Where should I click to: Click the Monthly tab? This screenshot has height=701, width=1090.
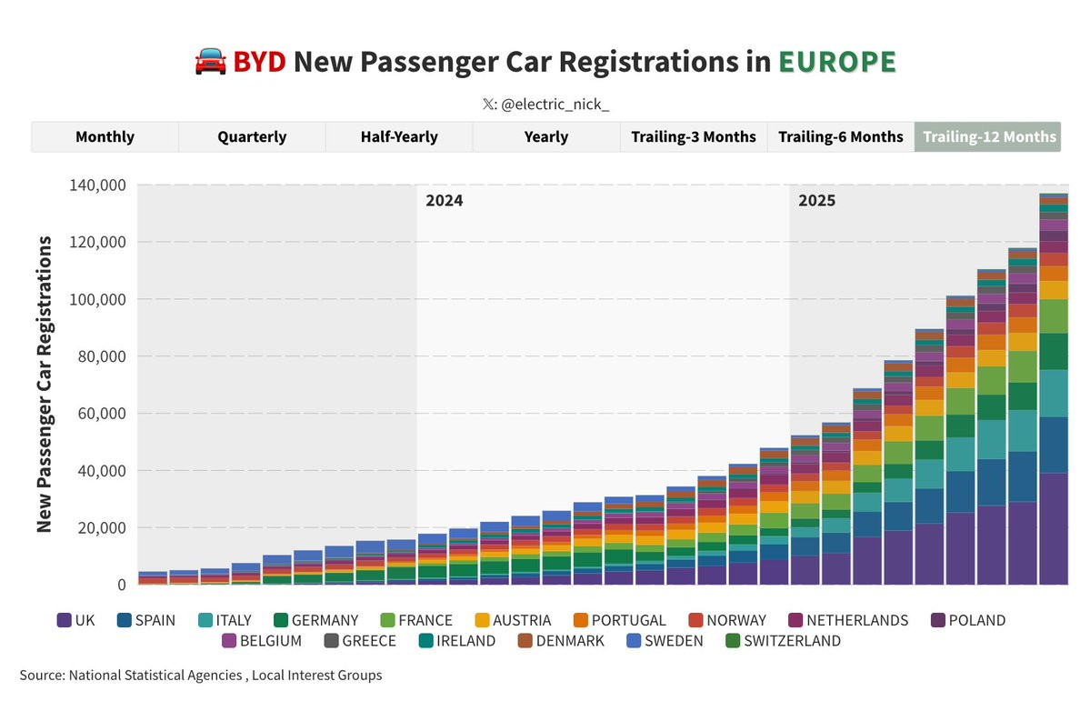(105, 137)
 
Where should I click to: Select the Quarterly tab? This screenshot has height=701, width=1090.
(252, 137)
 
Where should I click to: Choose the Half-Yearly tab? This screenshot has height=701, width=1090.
(399, 137)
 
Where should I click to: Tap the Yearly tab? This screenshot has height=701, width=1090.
(546, 137)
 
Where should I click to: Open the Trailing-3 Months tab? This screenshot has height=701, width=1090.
(694, 137)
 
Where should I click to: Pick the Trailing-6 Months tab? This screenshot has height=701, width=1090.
(841, 137)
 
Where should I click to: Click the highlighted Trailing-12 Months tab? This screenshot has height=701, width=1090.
(989, 137)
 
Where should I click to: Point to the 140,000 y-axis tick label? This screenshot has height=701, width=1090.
(97, 185)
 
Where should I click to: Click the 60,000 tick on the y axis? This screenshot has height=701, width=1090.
(102, 414)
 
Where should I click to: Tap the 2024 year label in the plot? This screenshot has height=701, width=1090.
(445, 201)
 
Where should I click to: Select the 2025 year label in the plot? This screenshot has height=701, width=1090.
(816, 201)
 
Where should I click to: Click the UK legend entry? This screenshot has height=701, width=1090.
(76, 620)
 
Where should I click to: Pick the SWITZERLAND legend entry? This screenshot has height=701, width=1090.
(783, 641)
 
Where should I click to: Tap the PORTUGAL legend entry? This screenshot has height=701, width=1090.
(618, 620)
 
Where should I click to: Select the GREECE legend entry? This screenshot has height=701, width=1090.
(359, 641)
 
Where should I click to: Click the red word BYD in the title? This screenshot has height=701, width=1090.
(259, 62)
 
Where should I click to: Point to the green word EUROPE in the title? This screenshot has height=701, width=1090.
(836, 62)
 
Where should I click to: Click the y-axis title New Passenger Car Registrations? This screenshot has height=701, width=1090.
(44, 385)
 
